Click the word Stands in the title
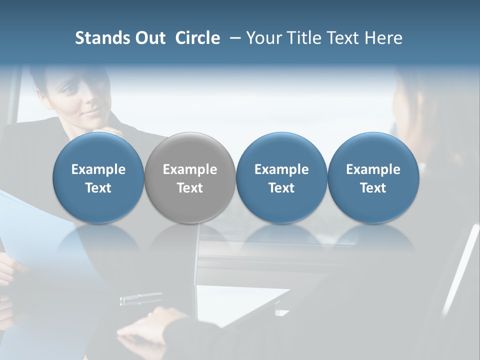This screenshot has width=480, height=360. (x=99, y=38)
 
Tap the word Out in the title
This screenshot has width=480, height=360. (x=148, y=38)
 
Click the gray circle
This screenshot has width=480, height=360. (x=190, y=177)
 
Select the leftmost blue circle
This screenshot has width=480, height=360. (x=98, y=177)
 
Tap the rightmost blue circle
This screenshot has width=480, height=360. (x=373, y=177)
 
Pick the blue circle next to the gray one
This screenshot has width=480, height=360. (x=281, y=177)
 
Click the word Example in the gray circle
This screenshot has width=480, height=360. (x=190, y=169)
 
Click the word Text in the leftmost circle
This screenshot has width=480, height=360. (x=98, y=188)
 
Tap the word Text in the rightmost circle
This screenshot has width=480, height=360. (x=373, y=188)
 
